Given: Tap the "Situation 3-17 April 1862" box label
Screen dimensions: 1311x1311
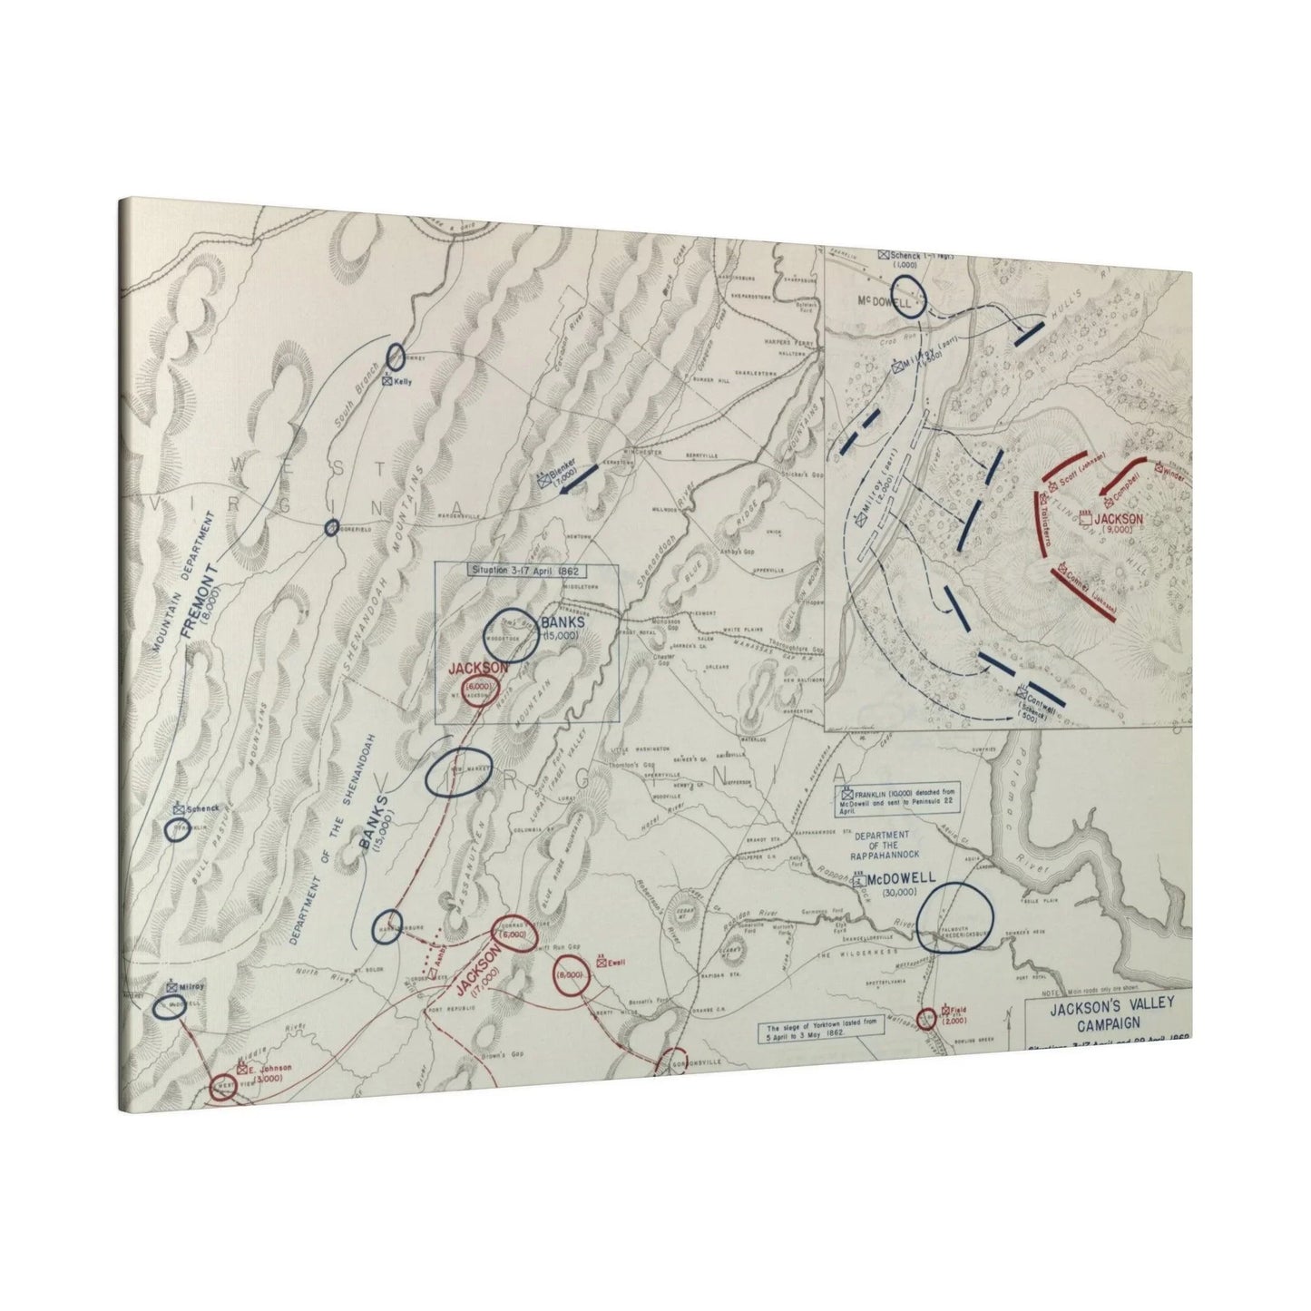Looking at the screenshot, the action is (527, 571).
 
